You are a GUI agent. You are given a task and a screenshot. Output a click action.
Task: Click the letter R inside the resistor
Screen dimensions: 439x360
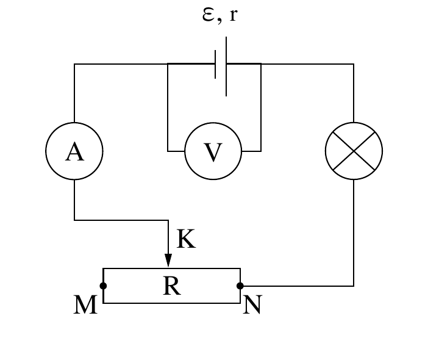171,286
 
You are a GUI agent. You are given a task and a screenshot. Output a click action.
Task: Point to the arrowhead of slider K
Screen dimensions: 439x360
168,261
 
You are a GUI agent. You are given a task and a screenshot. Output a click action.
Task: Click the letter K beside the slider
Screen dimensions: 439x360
186,239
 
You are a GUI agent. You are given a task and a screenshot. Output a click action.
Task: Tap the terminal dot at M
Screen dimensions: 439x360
103,286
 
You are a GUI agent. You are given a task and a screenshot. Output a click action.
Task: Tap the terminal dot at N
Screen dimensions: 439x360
240,286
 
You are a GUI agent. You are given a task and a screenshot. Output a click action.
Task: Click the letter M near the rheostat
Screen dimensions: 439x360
85,304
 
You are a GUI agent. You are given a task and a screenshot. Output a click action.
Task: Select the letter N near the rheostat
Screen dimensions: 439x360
252,304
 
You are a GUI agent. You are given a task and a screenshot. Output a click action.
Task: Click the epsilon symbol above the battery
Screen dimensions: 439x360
209,15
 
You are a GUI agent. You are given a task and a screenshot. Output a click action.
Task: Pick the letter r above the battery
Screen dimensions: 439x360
233,15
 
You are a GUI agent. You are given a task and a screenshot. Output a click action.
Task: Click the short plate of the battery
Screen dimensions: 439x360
215,64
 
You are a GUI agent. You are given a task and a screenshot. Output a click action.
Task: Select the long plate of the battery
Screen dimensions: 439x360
226,67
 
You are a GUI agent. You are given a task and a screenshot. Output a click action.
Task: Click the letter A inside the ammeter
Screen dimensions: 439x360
74,151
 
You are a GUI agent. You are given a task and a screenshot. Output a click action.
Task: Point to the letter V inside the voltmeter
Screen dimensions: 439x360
213,152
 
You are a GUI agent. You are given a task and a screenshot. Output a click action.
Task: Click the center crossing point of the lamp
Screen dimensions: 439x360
354,151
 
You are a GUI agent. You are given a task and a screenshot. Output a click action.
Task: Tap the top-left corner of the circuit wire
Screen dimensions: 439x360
74,64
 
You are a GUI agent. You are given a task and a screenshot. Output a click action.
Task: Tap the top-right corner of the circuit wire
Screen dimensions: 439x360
354,64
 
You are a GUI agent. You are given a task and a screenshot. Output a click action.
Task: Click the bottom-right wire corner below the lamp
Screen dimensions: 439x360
354,286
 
